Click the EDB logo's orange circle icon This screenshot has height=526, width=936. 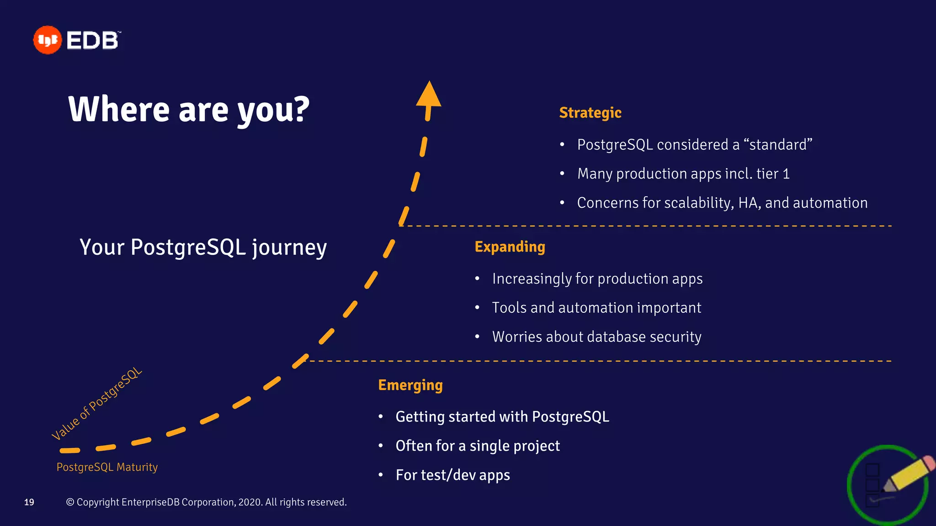pos(47,40)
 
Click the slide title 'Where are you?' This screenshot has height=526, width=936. pos(189,110)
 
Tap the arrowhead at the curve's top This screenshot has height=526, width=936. pos(429,95)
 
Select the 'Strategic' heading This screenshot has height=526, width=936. pos(590,113)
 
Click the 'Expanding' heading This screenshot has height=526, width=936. pos(510,247)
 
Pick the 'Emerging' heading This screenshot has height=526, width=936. pos(410,385)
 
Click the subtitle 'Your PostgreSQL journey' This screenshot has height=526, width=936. pos(203,247)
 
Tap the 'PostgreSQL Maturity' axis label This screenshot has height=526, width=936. pos(107,467)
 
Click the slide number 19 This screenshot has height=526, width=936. pos(29,502)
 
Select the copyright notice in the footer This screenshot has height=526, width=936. pos(207,502)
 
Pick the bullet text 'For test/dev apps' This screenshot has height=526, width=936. pos(452,475)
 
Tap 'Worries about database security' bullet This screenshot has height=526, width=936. pos(596,337)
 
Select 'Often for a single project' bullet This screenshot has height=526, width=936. pos(478,446)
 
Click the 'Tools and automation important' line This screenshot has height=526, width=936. pos(596,308)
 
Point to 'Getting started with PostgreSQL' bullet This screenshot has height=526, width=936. pos(502,417)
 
